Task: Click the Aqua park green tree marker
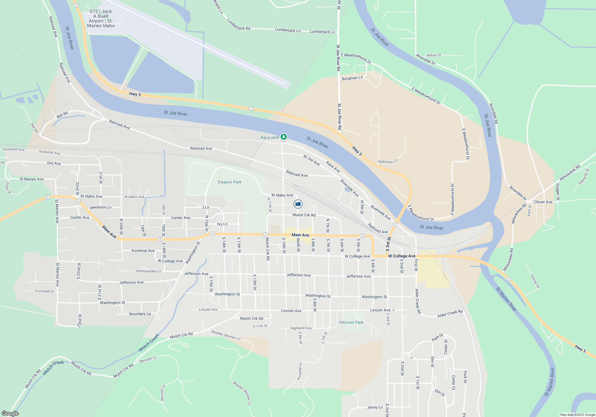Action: (x=284, y=137)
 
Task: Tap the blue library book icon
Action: (x=298, y=204)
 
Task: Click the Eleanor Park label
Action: (x=230, y=182)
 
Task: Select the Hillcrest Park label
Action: (x=351, y=322)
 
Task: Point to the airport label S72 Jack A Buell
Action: (x=101, y=19)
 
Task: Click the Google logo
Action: (x=10, y=413)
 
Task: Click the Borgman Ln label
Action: (x=352, y=78)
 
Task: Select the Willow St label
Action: (x=433, y=55)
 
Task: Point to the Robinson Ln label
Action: (x=388, y=161)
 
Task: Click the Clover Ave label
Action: (x=543, y=202)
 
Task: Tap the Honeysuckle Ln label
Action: (x=148, y=271)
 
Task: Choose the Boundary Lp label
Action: (x=140, y=314)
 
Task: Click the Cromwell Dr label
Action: (x=45, y=291)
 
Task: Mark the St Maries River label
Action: (x=506, y=299)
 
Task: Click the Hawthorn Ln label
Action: (x=100, y=207)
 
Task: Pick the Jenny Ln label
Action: (x=375, y=407)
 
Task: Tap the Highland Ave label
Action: (x=301, y=328)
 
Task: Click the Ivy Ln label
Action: (x=222, y=224)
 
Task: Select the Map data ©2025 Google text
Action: (x=578, y=415)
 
